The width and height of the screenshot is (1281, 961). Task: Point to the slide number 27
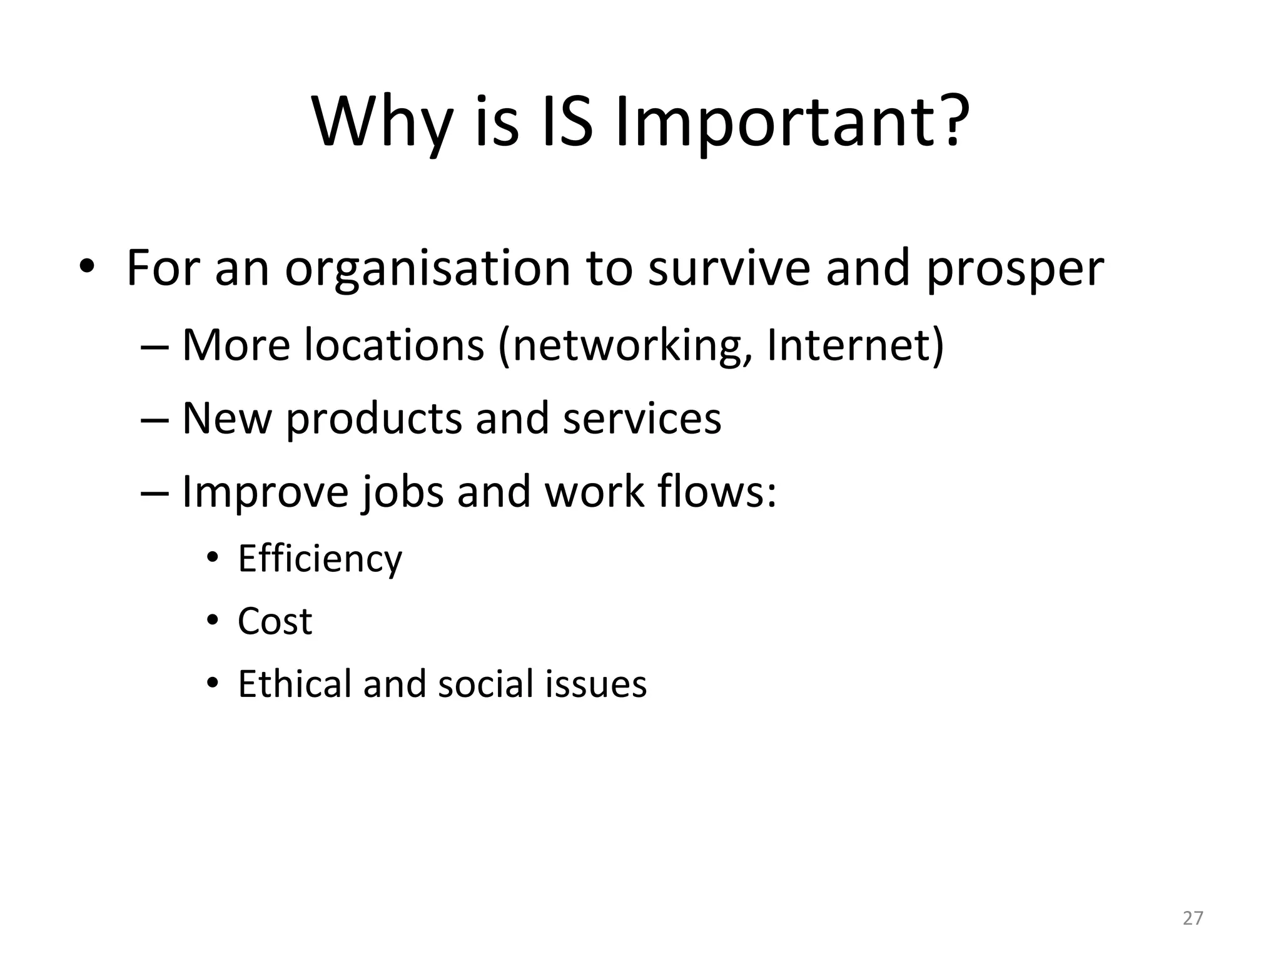[x=1193, y=918]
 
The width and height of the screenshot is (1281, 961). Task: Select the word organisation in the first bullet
[x=428, y=269]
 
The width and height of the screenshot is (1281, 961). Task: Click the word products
[x=373, y=419]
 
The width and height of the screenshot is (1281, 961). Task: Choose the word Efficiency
[x=320, y=559]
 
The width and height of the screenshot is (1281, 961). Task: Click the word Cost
[x=275, y=621]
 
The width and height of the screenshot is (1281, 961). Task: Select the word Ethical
[x=293, y=683]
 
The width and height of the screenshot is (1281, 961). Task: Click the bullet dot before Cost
[x=213, y=621]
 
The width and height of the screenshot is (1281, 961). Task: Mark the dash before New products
[x=154, y=419]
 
